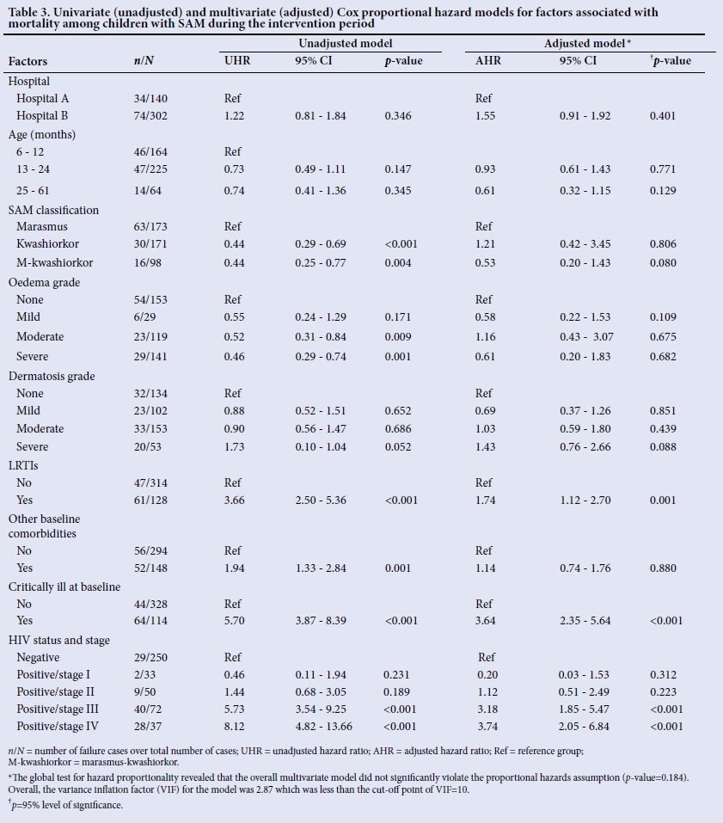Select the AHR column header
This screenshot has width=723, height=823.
tap(487, 61)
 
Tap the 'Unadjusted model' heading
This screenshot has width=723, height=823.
tap(346, 43)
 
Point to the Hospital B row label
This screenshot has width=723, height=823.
tap(42, 115)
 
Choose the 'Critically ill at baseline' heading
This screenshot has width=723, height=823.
tap(64, 587)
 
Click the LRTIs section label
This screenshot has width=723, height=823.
tap(23, 465)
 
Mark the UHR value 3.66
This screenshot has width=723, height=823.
tap(234, 501)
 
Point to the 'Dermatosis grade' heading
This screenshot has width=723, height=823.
tap(52, 376)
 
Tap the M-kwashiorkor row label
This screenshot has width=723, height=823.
tap(55, 262)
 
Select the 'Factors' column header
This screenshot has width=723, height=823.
tap(28, 62)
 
